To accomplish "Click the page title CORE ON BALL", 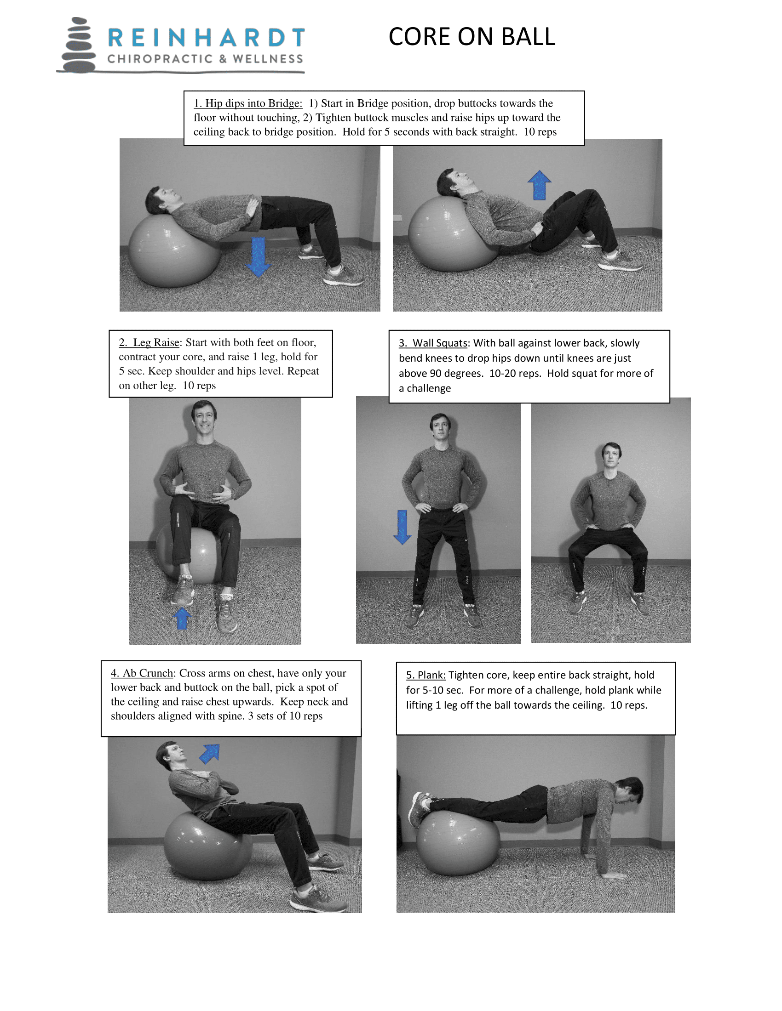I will [471, 37].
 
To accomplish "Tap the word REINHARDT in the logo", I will [206, 38].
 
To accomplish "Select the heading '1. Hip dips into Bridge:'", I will [247, 103].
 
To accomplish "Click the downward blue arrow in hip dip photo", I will [258, 256].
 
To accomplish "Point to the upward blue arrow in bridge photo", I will [539, 185].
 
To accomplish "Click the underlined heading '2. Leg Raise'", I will [149, 342].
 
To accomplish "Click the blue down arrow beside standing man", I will [402, 527].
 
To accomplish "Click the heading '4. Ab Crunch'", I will [142, 673].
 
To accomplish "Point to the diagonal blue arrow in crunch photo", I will [209, 753].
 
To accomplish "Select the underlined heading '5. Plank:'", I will [425, 675].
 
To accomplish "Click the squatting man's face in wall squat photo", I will [611, 456].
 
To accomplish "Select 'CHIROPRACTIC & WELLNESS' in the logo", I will [205, 59].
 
